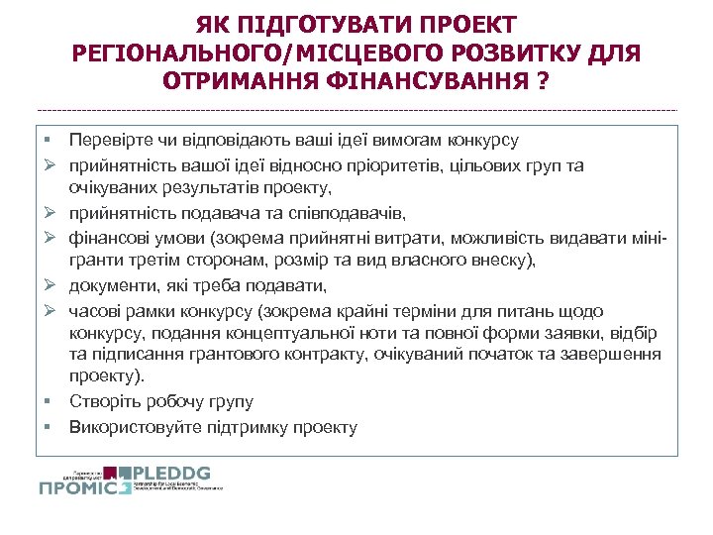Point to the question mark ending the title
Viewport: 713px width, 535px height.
point(540,80)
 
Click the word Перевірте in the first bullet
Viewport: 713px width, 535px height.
point(110,141)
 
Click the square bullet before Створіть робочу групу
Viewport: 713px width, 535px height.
point(48,401)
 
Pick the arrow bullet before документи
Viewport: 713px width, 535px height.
point(48,286)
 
